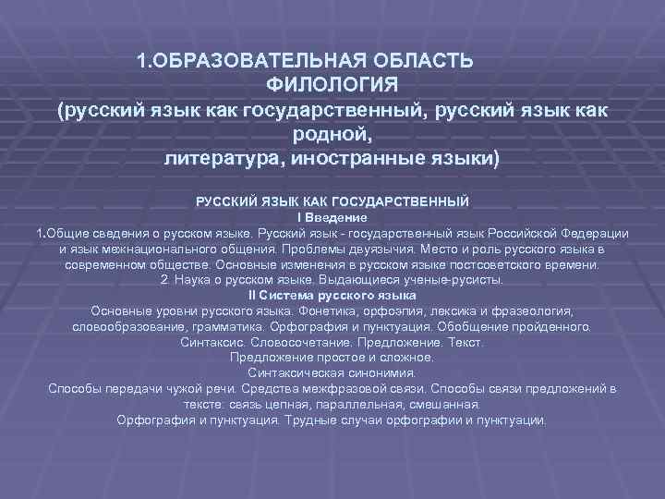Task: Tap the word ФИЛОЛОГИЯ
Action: (332, 86)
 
